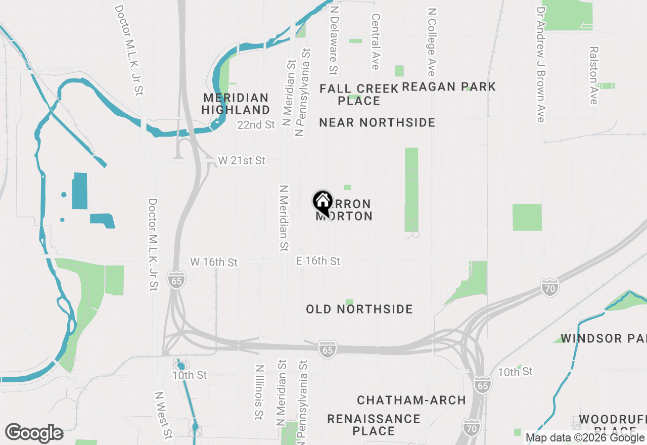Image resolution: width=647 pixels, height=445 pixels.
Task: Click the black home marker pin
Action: coord(322,203)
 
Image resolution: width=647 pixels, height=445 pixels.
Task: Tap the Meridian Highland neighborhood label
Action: coord(236,104)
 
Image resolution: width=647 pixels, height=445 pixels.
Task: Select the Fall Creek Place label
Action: coord(359,95)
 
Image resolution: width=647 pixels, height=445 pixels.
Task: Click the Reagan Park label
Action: coord(449,87)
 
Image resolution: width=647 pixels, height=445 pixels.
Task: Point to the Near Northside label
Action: coord(377,122)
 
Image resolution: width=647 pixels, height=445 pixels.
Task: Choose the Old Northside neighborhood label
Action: coord(359,309)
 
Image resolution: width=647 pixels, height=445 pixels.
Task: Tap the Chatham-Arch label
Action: coord(411,400)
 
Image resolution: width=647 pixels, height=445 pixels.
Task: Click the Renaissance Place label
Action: coord(374,425)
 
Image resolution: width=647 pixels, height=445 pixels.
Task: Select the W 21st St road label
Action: coord(242,161)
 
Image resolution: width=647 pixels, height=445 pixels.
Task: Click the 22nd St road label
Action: coord(256,124)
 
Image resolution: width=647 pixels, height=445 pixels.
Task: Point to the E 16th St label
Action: coord(318,261)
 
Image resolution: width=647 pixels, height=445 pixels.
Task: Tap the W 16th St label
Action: coord(214,262)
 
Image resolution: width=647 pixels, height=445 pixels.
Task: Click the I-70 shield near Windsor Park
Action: coord(549,287)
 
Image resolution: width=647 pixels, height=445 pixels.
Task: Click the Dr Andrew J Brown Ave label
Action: coord(541,64)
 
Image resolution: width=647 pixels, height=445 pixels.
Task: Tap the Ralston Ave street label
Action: coord(593,75)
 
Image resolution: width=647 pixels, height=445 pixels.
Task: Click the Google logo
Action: coord(34,433)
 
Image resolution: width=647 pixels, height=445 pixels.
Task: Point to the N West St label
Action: coord(163,415)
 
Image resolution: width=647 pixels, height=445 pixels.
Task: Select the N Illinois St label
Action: coord(259,393)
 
